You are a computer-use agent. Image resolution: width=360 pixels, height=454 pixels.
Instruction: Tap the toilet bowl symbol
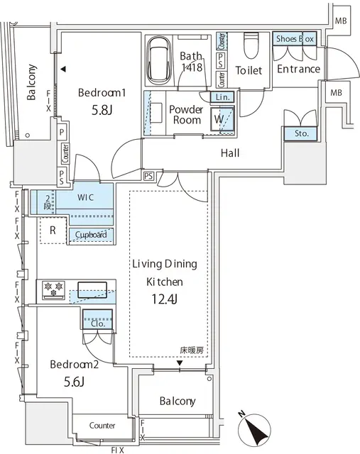click(x=249, y=47)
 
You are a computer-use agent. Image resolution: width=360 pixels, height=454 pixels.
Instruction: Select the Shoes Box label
click(x=295, y=40)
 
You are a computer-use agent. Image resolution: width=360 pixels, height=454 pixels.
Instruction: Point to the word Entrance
click(x=298, y=69)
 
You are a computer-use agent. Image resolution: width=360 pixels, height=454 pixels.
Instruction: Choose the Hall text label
click(x=229, y=153)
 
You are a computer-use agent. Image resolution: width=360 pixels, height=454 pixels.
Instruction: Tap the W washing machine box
click(x=222, y=119)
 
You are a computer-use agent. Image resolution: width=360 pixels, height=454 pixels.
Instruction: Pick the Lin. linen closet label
click(x=221, y=96)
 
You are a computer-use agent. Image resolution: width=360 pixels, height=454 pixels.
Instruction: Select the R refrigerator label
click(x=53, y=229)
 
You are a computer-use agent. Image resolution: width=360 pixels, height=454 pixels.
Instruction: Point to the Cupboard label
click(x=88, y=235)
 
